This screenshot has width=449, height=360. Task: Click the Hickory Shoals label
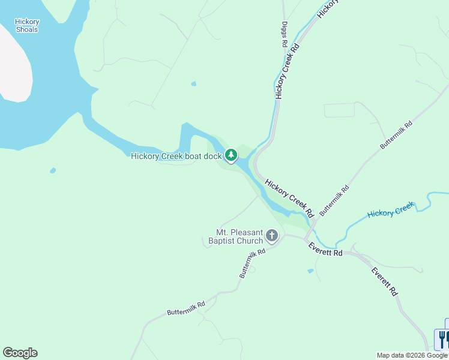(27, 26)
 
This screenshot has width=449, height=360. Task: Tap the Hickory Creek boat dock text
(176, 156)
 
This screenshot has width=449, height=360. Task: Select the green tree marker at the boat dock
(231, 156)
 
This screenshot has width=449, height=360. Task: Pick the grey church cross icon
(272, 236)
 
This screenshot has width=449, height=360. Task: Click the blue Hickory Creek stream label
(390, 211)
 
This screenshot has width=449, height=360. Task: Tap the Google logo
(20, 353)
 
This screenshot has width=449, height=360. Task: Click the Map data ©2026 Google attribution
(412, 355)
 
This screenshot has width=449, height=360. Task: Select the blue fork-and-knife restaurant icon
(443, 339)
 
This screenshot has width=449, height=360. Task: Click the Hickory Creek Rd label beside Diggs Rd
(286, 71)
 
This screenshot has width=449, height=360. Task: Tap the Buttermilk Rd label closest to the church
(252, 263)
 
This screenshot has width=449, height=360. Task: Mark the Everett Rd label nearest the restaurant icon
(385, 281)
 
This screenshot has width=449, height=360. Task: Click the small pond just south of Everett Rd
(310, 271)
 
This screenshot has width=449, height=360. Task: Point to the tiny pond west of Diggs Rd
(193, 83)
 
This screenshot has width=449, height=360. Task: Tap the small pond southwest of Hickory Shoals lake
(53, 170)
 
